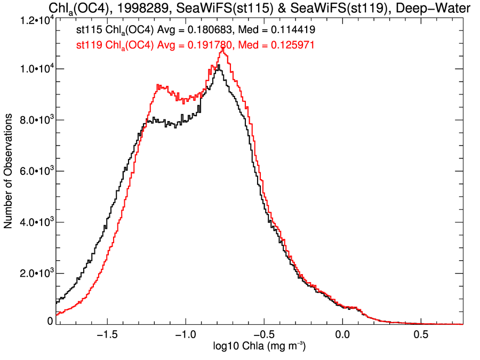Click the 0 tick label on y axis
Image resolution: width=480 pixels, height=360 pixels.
[x=50, y=321]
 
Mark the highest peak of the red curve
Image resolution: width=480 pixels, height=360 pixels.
[x=222, y=48]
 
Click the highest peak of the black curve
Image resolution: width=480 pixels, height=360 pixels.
[x=219, y=66]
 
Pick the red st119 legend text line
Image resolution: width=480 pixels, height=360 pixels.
[x=195, y=46]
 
